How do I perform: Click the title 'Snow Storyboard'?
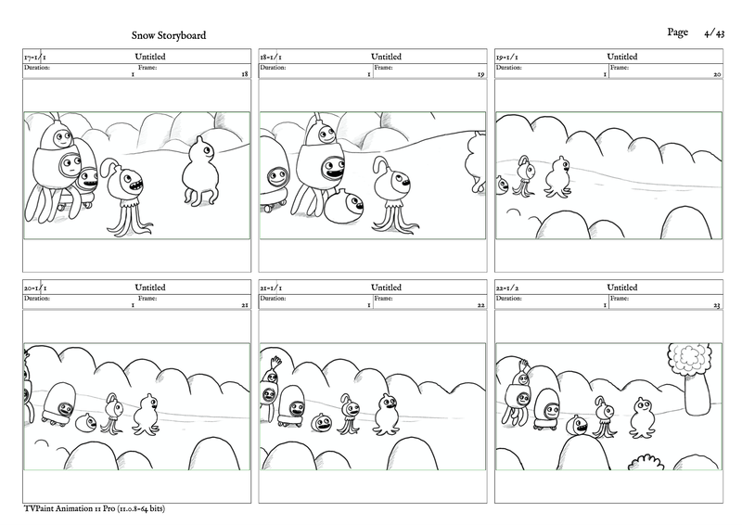pos(169,36)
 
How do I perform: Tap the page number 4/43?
pos(714,33)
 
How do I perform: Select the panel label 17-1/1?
pos(35,57)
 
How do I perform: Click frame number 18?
pos(244,74)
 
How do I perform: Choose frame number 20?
pos(717,74)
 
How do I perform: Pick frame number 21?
pos(244,305)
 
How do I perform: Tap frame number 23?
pos(717,305)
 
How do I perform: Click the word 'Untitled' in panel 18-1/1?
pos(386,57)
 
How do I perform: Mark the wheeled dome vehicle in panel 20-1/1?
pos(59,403)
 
